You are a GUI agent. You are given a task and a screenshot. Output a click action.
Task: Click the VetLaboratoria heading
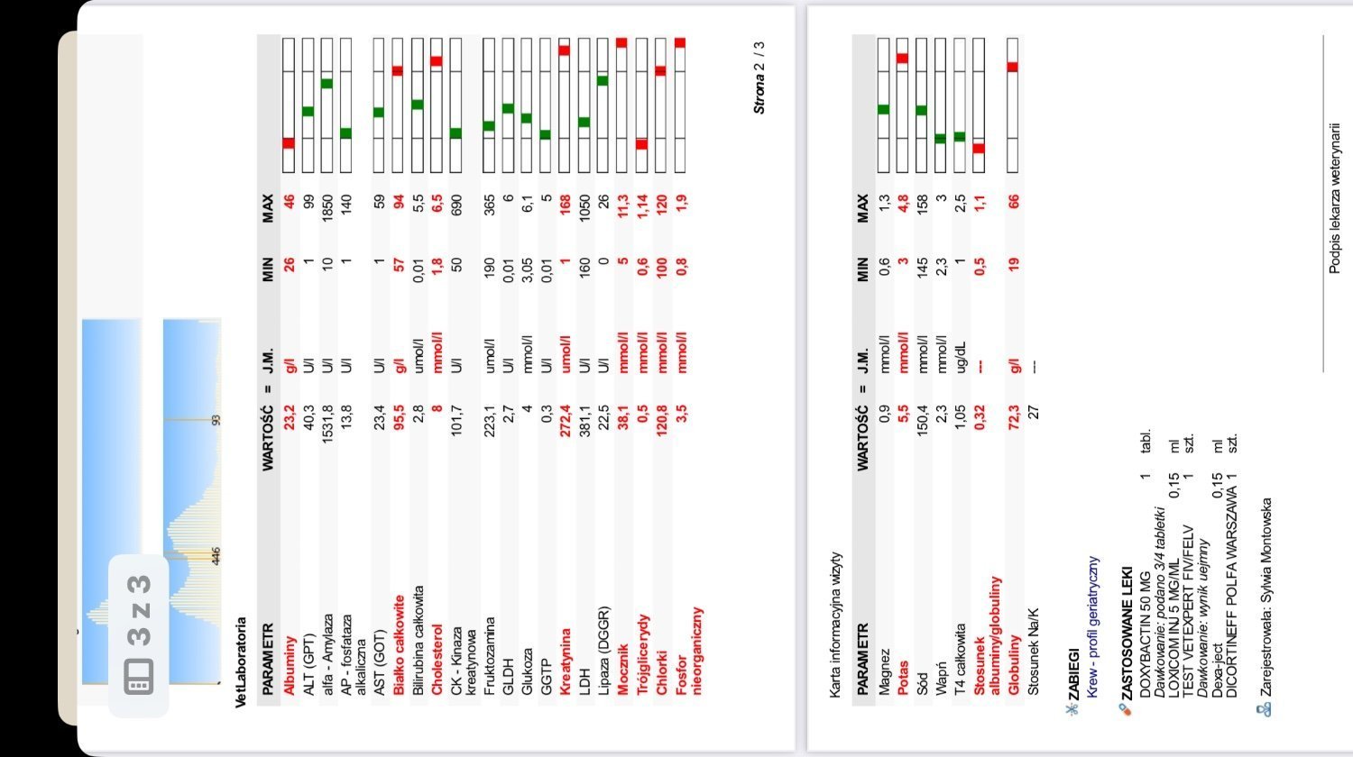click(241, 661)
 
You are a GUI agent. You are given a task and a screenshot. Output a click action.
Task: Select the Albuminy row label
click(290, 665)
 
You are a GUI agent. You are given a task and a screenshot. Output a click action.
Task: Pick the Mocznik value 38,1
click(622, 423)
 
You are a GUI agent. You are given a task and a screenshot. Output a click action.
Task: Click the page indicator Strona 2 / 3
click(759, 77)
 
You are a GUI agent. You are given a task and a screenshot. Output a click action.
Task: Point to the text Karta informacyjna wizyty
click(836, 625)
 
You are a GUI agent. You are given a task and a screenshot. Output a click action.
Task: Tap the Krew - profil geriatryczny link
click(1093, 621)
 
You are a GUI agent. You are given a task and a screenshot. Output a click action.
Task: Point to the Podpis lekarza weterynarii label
click(1335, 197)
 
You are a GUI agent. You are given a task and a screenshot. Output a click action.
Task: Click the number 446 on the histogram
click(216, 556)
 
